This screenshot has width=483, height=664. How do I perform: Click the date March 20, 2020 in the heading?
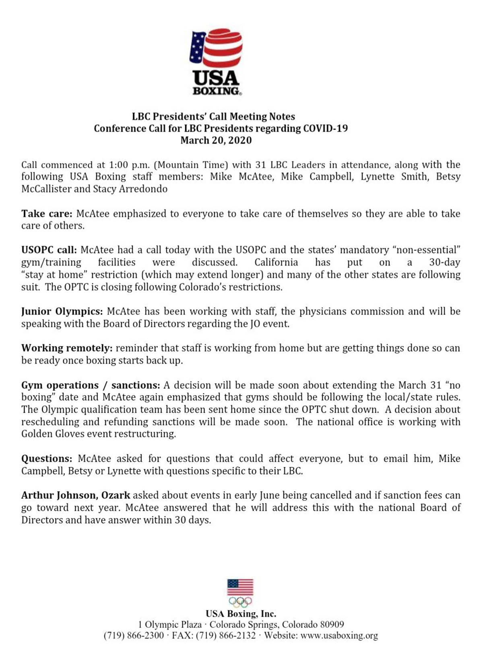tap(216, 140)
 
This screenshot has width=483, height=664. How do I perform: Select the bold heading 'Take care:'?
tap(47, 214)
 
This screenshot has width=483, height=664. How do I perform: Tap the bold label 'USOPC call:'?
tap(49, 250)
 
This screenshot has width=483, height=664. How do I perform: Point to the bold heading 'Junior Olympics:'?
tap(62, 311)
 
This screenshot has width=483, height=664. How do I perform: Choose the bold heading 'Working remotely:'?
tap(66, 348)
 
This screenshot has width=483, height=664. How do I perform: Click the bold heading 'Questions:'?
tap(47, 459)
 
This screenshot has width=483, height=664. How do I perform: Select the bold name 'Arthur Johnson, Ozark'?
tap(76, 495)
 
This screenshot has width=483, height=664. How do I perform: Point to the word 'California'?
tap(276, 262)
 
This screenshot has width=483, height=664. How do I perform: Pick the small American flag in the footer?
tap(240, 587)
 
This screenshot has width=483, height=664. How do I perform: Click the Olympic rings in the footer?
tap(240, 602)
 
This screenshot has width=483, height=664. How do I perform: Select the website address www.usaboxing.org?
tap(339, 636)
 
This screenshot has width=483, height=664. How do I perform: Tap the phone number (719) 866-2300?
tap(134, 636)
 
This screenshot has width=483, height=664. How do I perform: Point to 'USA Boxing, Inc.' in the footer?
tap(241, 614)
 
